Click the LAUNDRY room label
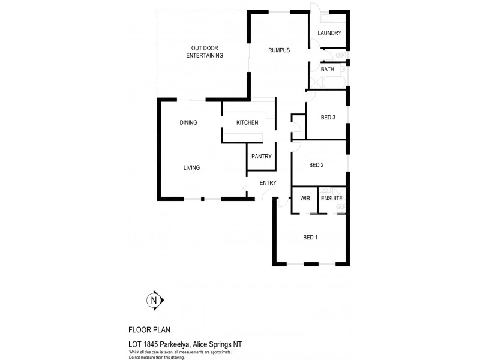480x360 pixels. [x=329, y=33]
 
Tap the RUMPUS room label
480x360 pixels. [x=279, y=50]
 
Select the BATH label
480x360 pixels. [x=328, y=70]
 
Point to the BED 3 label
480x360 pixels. [x=328, y=118]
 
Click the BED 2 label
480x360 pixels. [x=316, y=165]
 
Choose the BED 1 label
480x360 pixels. [x=310, y=238]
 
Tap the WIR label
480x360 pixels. [x=305, y=198]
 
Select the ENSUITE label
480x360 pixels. [x=331, y=198]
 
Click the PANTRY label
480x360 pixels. [x=262, y=157]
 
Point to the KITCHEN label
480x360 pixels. [x=247, y=123]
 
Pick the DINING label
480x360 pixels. [x=188, y=123]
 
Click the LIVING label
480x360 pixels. [x=191, y=168]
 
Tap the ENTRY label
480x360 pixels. [x=268, y=183]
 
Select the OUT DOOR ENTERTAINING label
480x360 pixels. [x=205, y=52]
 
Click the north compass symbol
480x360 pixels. [x=154, y=301]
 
